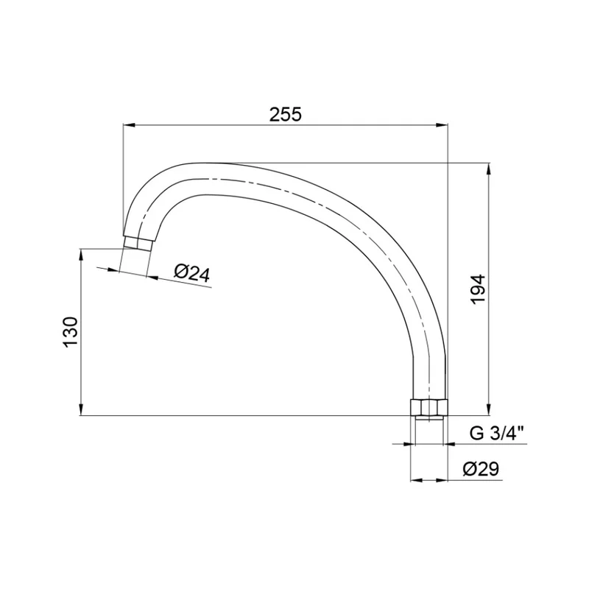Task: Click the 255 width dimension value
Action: click(286, 114)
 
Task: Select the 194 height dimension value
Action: click(479, 289)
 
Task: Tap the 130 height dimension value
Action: click(71, 332)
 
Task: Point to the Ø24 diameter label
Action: click(192, 273)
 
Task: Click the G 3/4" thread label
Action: click(496, 434)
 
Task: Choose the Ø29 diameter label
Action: click(481, 469)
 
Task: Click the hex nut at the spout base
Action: click(428, 407)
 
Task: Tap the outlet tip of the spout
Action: click(138, 242)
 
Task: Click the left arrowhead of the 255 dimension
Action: click(130, 125)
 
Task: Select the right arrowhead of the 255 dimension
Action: click(442, 125)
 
